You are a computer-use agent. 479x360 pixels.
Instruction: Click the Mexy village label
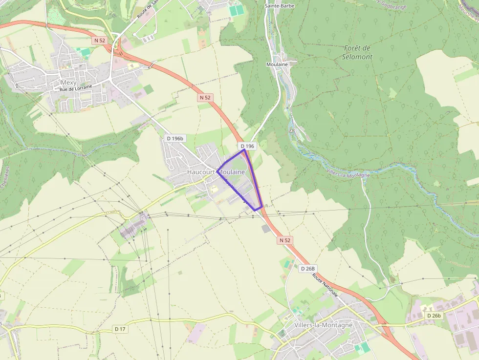(68, 83)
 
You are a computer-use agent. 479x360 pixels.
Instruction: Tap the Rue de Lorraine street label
(76, 89)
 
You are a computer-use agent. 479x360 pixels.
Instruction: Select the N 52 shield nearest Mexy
(99, 40)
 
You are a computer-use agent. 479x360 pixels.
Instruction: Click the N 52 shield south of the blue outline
(285, 240)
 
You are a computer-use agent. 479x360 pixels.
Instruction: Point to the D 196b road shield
(175, 138)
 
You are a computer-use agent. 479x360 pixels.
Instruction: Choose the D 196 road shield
(247, 146)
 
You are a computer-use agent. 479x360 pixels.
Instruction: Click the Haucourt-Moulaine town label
(216, 172)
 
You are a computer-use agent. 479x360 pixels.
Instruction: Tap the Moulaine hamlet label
(277, 64)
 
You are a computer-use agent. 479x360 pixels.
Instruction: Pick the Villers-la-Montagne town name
(324, 325)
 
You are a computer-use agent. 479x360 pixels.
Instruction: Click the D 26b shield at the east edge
(434, 316)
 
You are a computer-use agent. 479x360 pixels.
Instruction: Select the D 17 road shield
(120, 329)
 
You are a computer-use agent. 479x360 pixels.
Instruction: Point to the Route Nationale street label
(325, 285)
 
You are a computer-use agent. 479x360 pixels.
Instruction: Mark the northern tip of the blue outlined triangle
(244, 150)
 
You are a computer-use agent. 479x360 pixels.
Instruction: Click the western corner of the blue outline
(218, 169)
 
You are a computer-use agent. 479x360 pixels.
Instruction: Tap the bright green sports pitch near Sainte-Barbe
(236, 10)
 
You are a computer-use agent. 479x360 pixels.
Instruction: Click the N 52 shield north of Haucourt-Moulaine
(205, 98)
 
